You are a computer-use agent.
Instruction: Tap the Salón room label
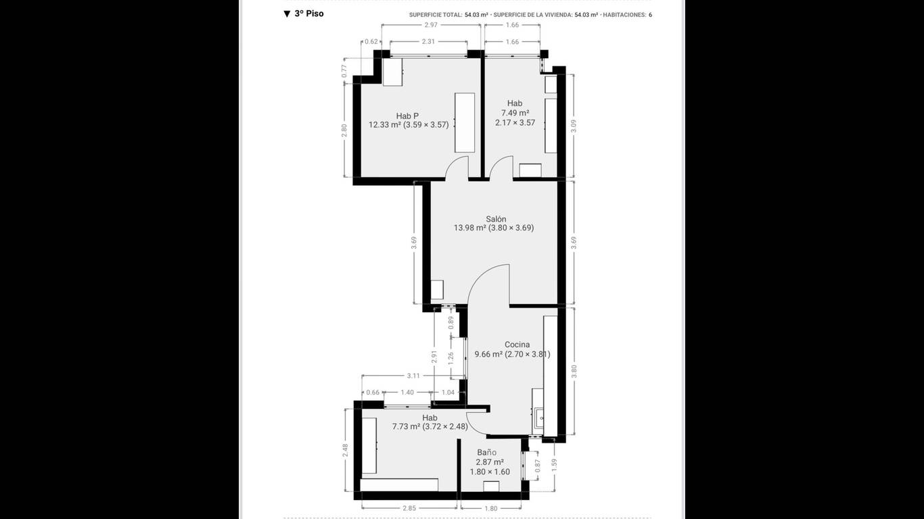point(496,219)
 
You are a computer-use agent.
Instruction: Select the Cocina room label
point(517,345)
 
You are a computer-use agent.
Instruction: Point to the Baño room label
point(487,452)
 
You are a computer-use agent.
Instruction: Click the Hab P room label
point(408,116)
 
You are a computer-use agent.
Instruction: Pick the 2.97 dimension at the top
point(431,25)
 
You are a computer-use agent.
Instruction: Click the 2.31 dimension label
point(428,41)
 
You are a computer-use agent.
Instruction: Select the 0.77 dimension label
point(344,71)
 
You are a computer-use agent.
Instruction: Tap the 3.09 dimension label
point(574,126)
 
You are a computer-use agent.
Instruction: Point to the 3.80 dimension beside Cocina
point(574,371)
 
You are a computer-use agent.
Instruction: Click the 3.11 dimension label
point(413,376)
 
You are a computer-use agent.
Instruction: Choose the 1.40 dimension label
point(407,392)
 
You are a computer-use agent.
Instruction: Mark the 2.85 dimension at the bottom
point(409,508)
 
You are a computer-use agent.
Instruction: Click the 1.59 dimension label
point(555,465)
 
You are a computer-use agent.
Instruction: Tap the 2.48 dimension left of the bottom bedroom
point(345,450)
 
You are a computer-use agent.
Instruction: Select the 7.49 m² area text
point(515,113)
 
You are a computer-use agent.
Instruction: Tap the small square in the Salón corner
point(437,290)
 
